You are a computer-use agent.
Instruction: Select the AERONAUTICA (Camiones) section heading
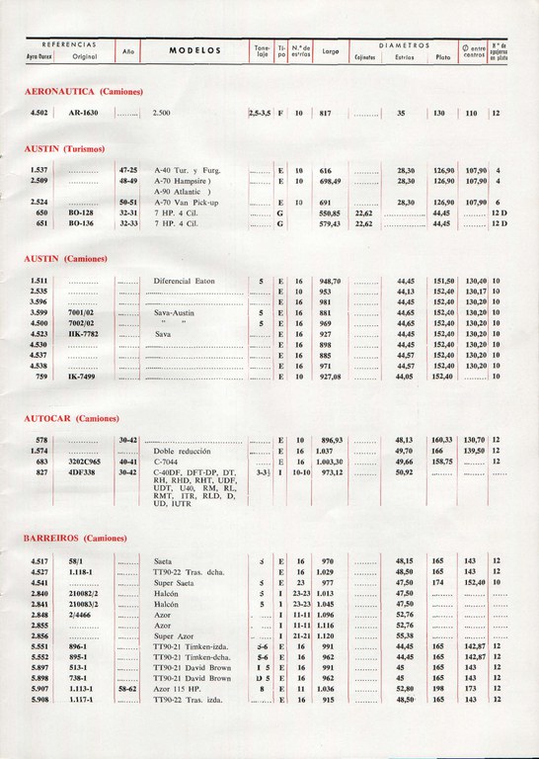[x=84, y=91]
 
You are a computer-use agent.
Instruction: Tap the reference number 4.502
[x=40, y=114]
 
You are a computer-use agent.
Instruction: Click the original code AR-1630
[x=87, y=114]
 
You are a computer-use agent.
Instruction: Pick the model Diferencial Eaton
[x=185, y=281]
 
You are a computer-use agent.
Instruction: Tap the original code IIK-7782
[x=85, y=333]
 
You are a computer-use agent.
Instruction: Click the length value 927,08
[x=330, y=377]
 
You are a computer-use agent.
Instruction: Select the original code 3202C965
[x=87, y=461]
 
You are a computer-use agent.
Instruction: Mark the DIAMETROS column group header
[x=404, y=44]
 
